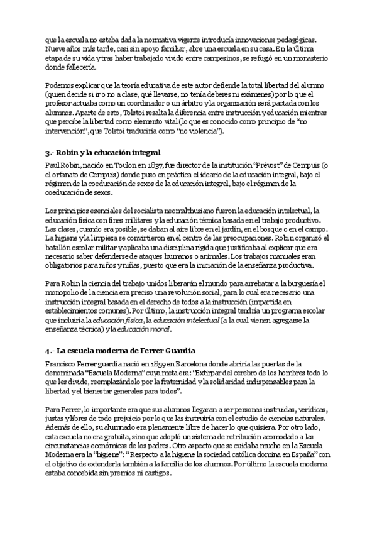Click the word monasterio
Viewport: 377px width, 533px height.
pos(305,55)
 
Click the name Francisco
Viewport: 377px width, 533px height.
pos(63,363)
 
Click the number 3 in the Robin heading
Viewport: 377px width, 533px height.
pos(48,152)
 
